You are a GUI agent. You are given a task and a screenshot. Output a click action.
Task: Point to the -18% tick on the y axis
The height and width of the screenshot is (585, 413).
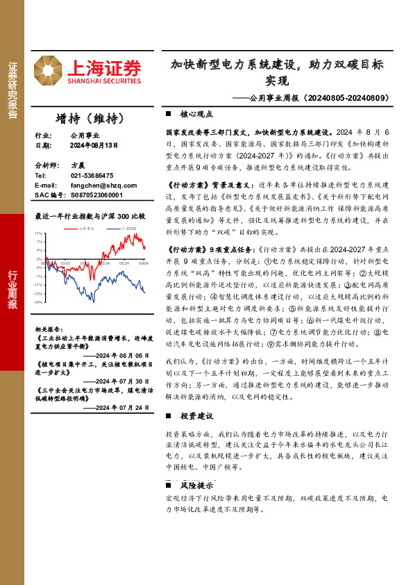[38, 302]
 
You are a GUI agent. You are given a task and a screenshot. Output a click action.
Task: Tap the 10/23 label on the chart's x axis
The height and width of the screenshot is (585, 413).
[65, 263]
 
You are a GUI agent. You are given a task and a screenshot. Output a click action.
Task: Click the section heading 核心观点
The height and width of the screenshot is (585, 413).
[196, 113]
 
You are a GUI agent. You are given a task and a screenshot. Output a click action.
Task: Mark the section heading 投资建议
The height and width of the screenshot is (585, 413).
[196, 415]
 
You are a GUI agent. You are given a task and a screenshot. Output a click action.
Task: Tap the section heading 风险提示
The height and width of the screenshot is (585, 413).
[196, 485]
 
